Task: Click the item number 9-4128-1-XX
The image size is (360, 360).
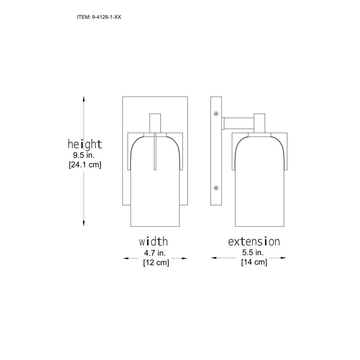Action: tap(107, 17)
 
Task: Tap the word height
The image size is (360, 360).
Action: tap(85, 144)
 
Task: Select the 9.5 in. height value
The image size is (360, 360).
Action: tap(84, 155)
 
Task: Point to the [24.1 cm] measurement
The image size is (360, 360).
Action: tap(85, 165)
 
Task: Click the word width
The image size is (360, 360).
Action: tap(153, 242)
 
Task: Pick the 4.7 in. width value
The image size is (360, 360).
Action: tap(155, 253)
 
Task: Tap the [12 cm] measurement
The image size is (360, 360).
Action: tap(156, 262)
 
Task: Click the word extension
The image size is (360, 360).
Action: tap(254, 242)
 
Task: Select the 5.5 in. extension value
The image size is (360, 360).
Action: tap(253, 252)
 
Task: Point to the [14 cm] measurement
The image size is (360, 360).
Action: tap(254, 262)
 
